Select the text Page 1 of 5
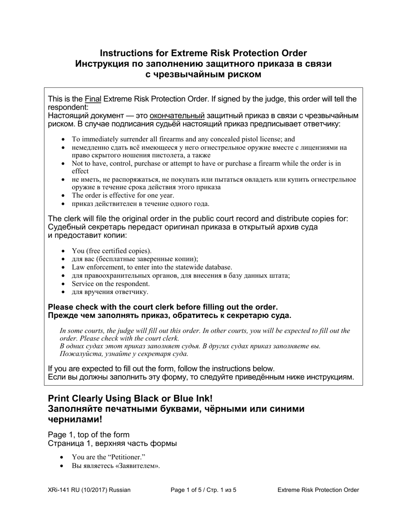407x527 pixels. tap(187, 490)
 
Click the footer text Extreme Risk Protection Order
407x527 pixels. tap(318, 490)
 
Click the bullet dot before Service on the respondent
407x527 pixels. tap(64, 284)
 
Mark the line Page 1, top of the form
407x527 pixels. tap(89, 434)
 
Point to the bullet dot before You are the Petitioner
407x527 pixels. tap(64, 457)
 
